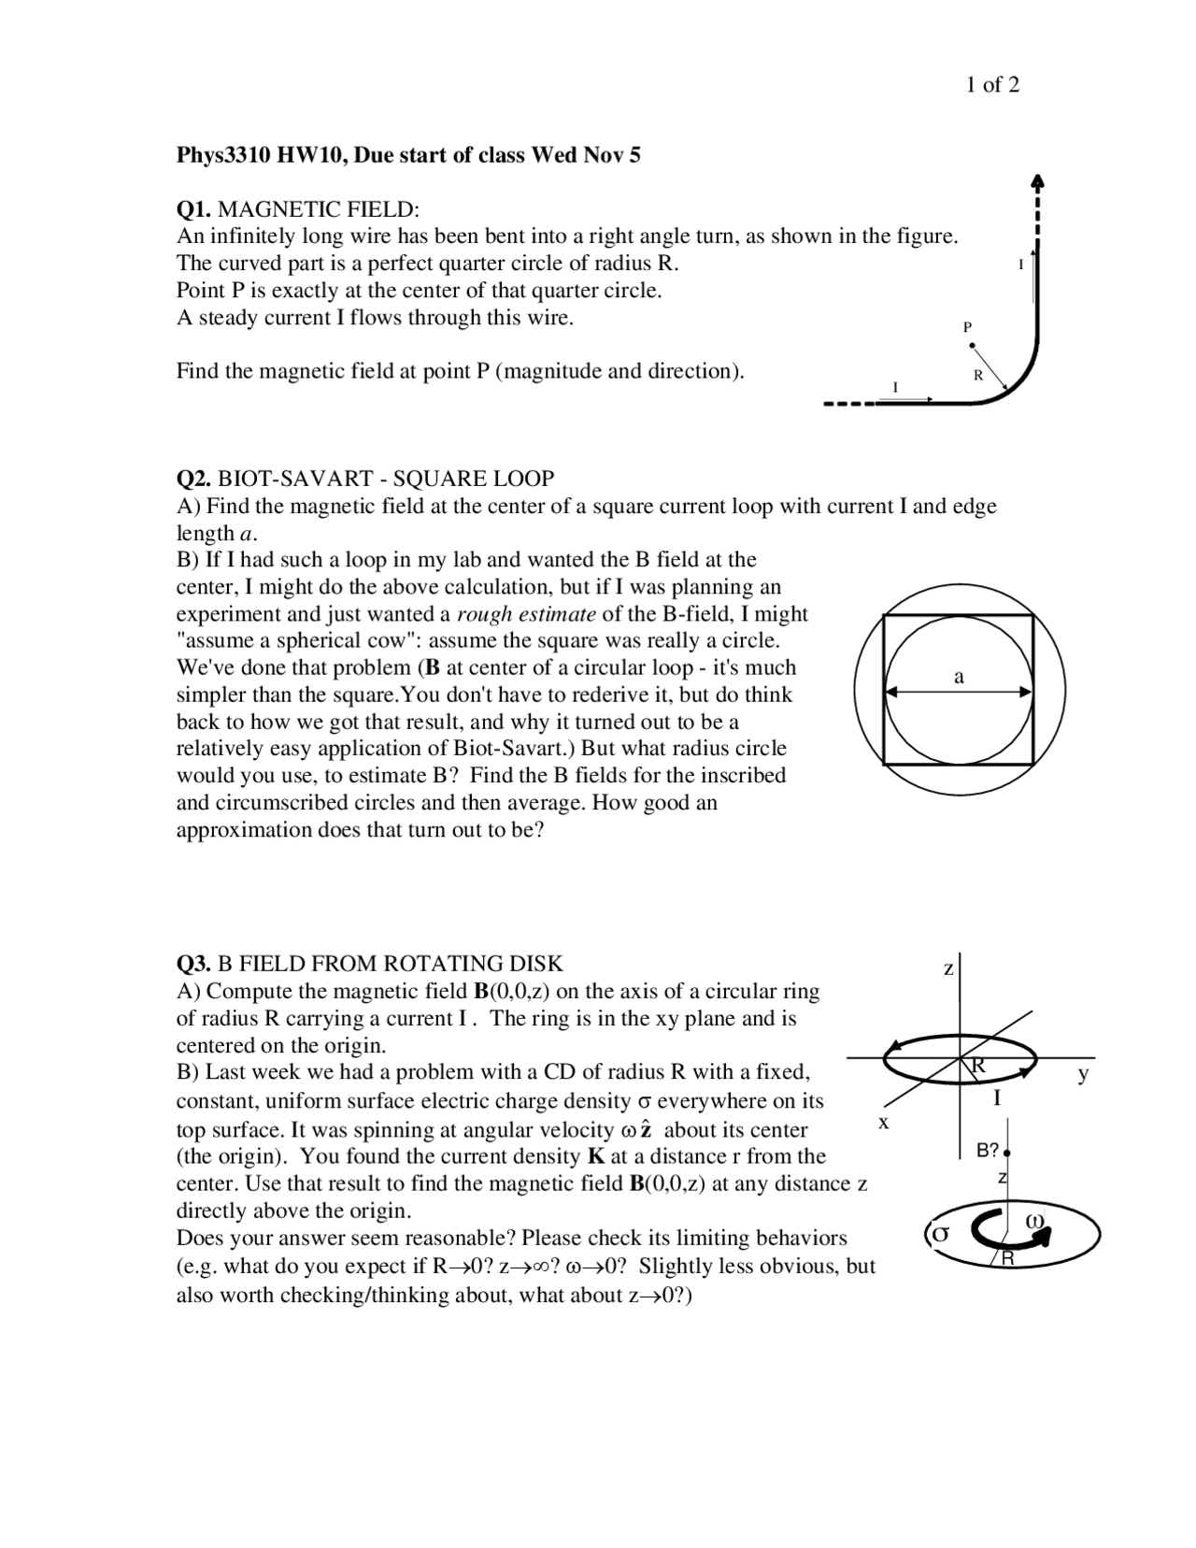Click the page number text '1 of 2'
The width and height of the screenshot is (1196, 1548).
(x=992, y=85)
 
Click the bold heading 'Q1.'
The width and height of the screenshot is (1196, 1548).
(x=194, y=208)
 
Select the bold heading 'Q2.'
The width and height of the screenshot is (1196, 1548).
(x=194, y=479)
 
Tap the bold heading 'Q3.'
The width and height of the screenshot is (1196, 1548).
(x=194, y=964)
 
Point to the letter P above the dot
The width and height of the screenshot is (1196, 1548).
(x=968, y=326)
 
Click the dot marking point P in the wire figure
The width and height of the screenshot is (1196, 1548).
(x=972, y=346)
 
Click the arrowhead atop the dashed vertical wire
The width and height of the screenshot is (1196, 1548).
(x=1037, y=180)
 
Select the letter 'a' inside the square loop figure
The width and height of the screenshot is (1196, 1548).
(x=959, y=676)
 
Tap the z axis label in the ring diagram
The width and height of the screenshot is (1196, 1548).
(x=947, y=969)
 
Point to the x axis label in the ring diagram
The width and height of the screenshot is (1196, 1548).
(x=883, y=1121)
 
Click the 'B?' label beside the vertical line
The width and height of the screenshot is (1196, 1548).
(x=988, y=1151)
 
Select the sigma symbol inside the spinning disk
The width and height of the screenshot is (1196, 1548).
(x=941, y=1233)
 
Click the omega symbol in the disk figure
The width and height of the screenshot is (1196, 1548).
(x=1034, y=1221)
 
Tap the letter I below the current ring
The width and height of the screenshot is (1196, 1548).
(x=997, y=1098)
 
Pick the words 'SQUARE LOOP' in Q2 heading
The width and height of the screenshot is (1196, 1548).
(x=474, y=479)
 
